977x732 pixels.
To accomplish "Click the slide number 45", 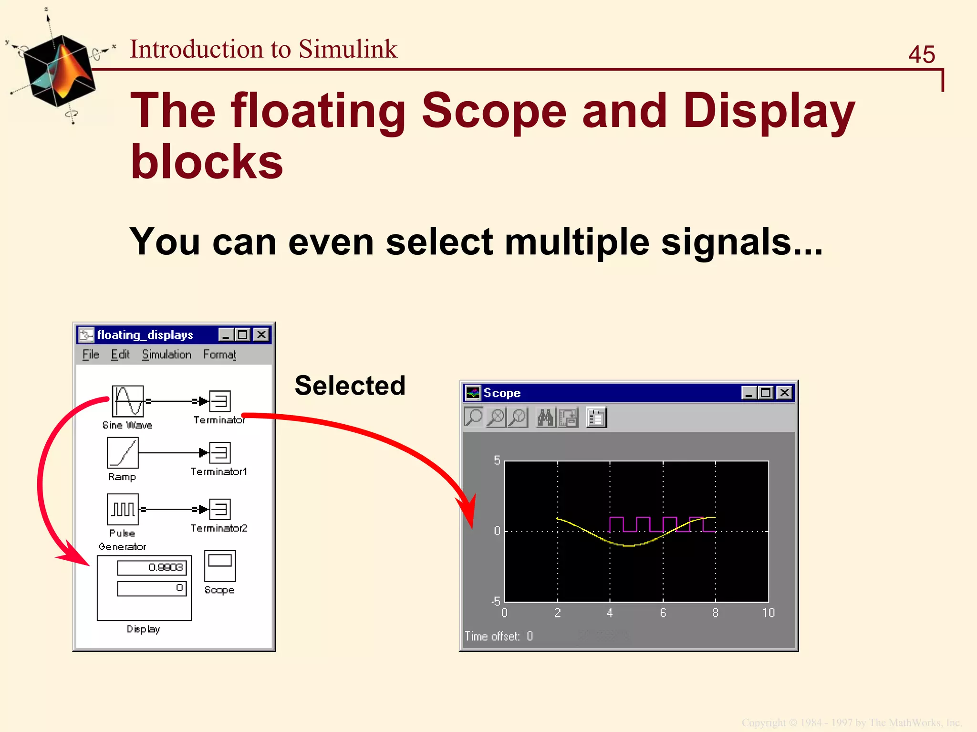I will click(921, 54).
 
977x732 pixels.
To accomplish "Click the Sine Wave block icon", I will click(128, 401).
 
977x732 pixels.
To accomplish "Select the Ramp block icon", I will click(123, 453).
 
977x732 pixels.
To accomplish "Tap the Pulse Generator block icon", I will click(123, 509).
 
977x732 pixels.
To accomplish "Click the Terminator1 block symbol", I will click(220, 452).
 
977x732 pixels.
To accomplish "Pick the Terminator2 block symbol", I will click(220, 509).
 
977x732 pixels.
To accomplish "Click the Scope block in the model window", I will click(219, 566).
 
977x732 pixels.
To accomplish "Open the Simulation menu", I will click(166, 355).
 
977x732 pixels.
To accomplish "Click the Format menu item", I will click(219, 355).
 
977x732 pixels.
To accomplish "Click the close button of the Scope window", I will click(784, 393).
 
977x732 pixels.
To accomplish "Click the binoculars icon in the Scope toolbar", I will click(545, 418).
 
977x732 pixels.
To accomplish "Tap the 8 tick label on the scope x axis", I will click(715, 613).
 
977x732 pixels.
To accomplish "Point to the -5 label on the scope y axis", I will click(496, 601).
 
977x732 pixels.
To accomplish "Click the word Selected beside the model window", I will click(350, 386).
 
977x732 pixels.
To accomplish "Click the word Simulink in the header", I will click(348, 49).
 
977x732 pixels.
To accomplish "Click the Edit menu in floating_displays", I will click(120, 355).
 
